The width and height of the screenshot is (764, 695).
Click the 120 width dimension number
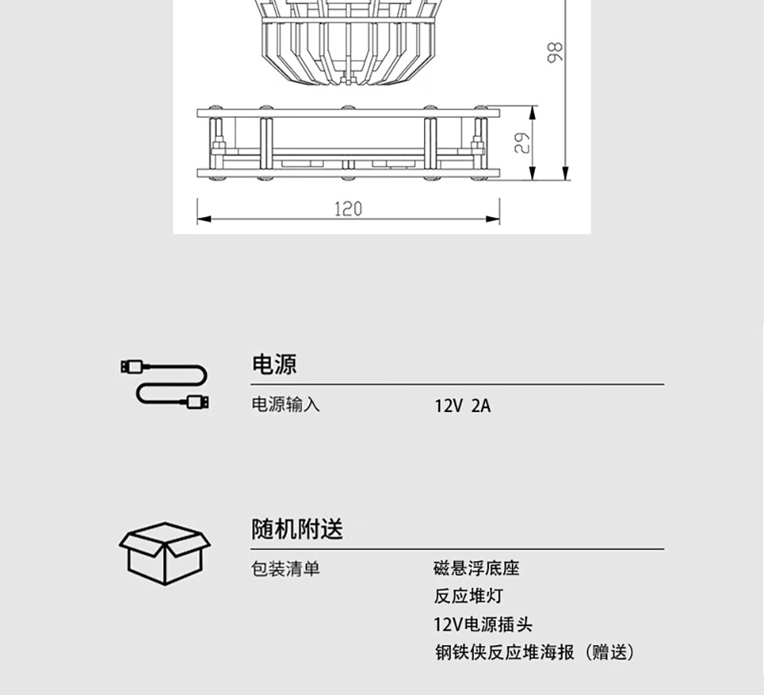point(348,209)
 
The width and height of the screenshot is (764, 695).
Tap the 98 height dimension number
point(556,51)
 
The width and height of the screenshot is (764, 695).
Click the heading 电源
point(274,365)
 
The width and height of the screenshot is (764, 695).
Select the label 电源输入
point(286,405)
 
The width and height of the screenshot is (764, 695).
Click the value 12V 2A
point(463,406)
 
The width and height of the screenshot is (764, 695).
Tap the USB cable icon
point(164,384)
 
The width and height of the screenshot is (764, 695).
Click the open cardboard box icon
point(164,554)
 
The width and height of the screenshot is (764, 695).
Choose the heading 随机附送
point(297,529)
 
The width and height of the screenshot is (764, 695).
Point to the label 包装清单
point(286,570)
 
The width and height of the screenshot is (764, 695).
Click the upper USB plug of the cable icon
point(131,367)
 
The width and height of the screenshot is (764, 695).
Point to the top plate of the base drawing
point(348,113)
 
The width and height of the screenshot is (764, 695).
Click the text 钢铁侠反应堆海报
point(504,652)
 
